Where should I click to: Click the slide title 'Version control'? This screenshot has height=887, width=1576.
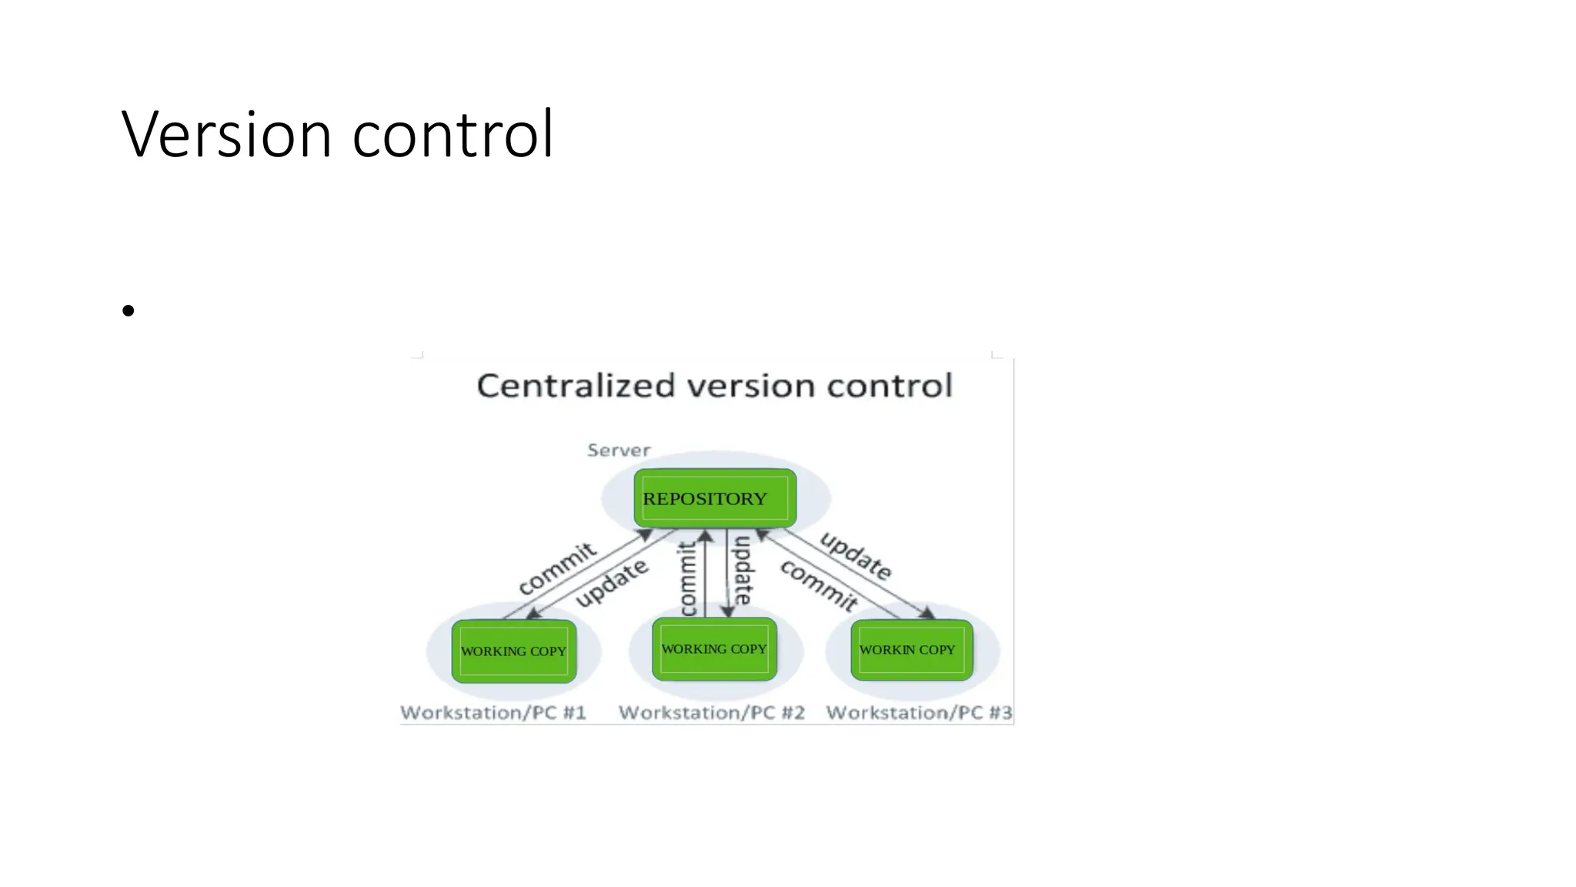tap(337, 135)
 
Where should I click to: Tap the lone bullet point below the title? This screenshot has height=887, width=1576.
tap(128, 310)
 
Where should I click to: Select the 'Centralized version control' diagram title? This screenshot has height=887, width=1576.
tap(714, 386)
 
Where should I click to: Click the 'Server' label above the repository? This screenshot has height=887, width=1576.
tap(619, 450)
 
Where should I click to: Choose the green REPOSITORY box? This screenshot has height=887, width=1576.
tap(715, 498)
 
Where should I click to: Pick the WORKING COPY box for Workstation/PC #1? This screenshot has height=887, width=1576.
tap(513, 651)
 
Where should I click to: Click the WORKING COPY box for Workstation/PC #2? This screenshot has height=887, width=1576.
tap(714, 649)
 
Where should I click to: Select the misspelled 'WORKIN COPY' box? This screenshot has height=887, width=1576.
tap(911, 650)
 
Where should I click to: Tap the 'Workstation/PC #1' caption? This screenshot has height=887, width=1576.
tap(493, 713)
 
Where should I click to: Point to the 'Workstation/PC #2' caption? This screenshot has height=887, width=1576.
tap(712, 713)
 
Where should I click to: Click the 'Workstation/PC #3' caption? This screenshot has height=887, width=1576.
tap(919, 713)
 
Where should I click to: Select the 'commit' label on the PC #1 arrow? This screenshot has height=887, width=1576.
tap(557, 568)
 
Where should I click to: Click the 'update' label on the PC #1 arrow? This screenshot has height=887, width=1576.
tap(613, 583)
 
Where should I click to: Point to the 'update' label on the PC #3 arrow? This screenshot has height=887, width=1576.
tap(856, 555)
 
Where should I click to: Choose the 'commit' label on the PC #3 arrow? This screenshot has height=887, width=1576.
tap(819, 586)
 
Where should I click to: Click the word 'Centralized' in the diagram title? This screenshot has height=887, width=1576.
tap(576, 386)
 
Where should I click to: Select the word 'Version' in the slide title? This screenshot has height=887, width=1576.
tap(226, 135)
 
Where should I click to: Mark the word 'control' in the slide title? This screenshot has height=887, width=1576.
tap(452, 135)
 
